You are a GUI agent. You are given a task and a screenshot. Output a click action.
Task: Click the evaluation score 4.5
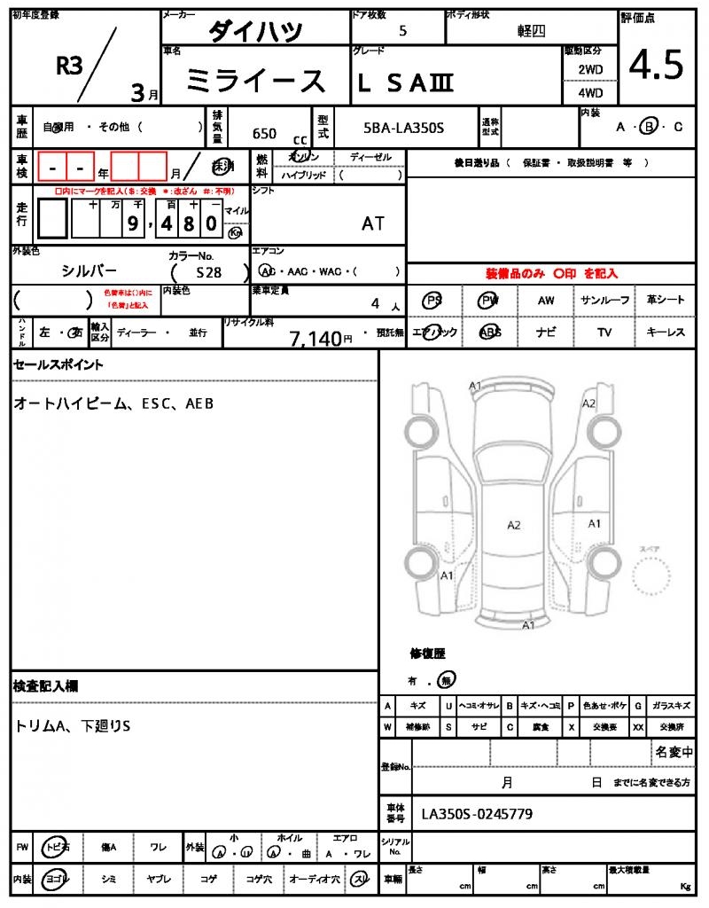coord(656,65)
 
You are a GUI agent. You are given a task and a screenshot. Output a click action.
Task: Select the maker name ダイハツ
coord(255,32)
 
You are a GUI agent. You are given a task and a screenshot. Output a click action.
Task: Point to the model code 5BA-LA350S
coord(404,129)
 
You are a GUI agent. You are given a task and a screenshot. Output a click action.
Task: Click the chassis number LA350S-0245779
coord(477,814)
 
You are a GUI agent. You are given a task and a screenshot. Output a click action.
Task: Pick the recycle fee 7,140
coord(316,338)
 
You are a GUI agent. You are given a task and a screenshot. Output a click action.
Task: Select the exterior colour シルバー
coord(89,270)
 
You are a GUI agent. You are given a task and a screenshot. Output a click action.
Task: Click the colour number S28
coord(209,273)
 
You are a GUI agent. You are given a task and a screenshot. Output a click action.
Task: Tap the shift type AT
coord(373,223)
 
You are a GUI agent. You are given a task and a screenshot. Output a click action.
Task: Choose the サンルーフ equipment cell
coord(605,301)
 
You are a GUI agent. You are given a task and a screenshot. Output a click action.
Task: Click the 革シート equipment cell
coord(666,301)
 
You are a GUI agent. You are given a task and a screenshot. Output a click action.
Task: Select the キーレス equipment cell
coord(666,333)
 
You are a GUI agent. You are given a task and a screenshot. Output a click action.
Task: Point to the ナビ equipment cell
coord(546,333)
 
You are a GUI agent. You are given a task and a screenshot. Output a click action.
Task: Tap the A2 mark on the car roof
coord(514,525)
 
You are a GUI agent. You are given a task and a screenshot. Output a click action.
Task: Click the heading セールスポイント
coord(58,364)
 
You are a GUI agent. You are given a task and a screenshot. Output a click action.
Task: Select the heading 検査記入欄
coord(46,686)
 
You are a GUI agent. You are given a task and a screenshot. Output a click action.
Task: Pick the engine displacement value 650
coord(264,134)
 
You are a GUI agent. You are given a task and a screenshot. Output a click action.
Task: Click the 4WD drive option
coord(589,92)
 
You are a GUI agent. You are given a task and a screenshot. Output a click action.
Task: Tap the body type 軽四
coord(532,31)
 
